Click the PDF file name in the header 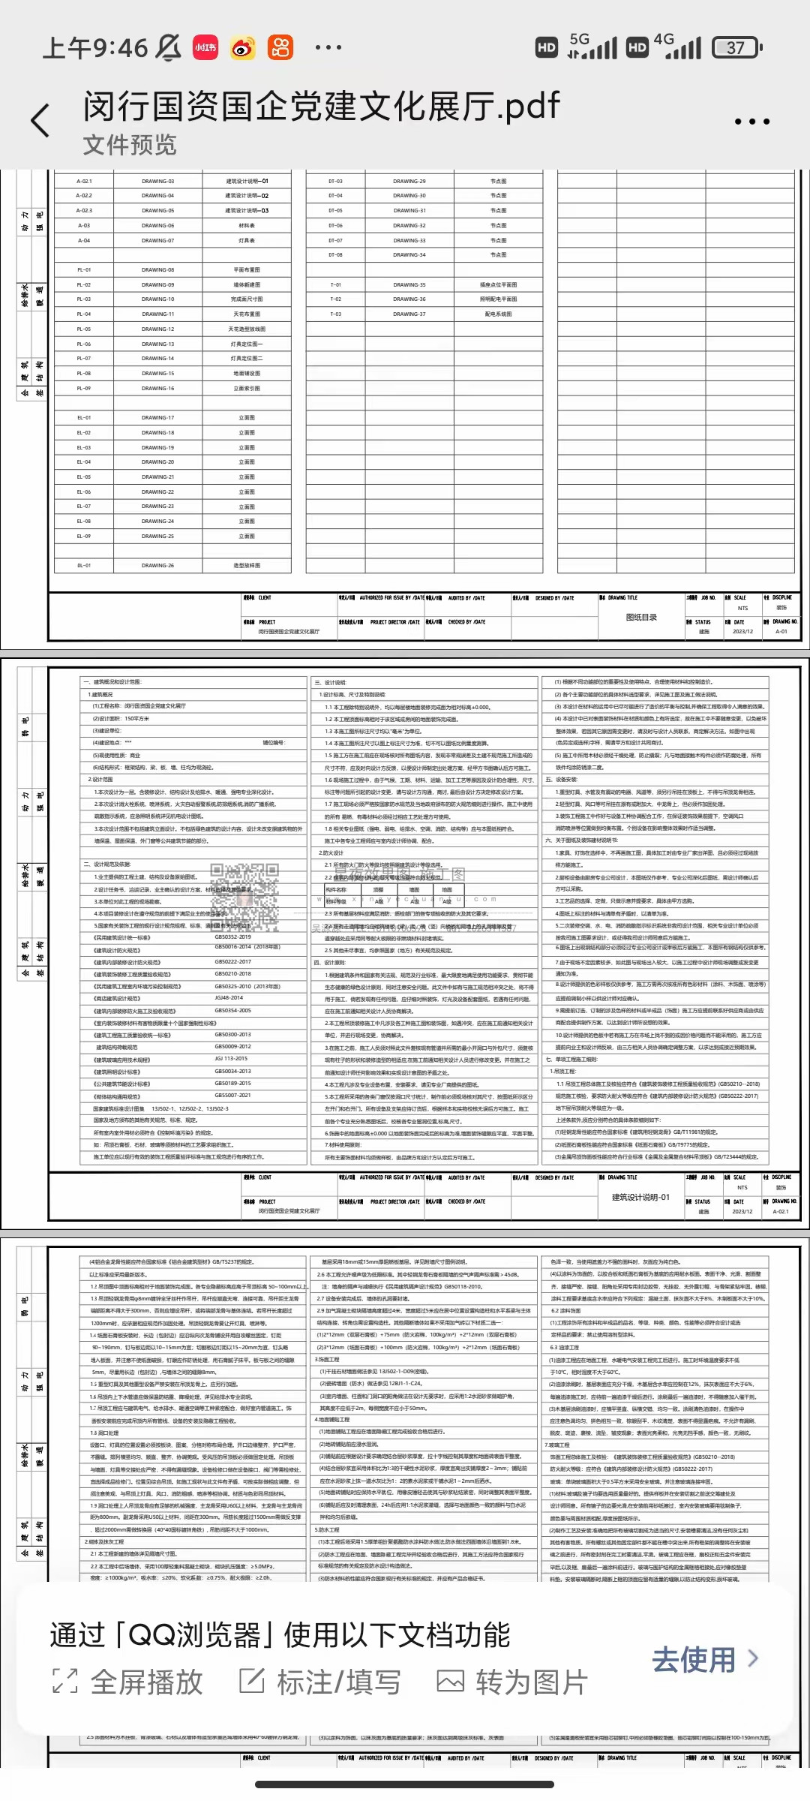coord(321,107)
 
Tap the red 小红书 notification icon coord(205,48)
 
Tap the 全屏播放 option coord(127,1682)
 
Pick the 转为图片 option coord(512,1682)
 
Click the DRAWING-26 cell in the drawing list coord(157,566)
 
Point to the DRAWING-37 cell coord(409,314)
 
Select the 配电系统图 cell coord(498,314)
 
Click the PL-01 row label coord(84,270)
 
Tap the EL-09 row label coord(84,537)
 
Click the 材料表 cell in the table coord(247,226)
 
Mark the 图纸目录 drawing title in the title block coord(641,618)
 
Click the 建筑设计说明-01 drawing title coord(640,1197)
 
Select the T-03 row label coord(335,314)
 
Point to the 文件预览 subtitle coord(130,145)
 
